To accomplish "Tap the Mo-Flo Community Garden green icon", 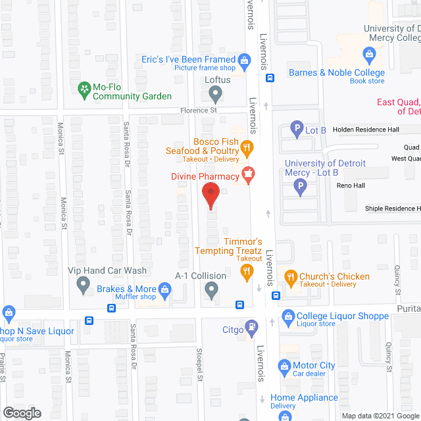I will pos(84,87).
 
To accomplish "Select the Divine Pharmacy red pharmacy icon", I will pos(249,176).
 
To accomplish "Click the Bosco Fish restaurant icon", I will pos(247,147).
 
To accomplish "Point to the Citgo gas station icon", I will pos(251,326).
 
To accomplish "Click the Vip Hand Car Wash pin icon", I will pos(84,285).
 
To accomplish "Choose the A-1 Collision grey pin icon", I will pos(211,289).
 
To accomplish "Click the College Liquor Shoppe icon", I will pos(287,316).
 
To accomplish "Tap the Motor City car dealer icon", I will pos(284,366).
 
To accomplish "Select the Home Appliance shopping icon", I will pos(262,398).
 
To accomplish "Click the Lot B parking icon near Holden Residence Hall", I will pos(297,130).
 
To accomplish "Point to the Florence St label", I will pos(199,111).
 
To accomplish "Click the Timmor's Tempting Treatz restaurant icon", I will pos(247,273).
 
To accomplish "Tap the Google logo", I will pos(21,412).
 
